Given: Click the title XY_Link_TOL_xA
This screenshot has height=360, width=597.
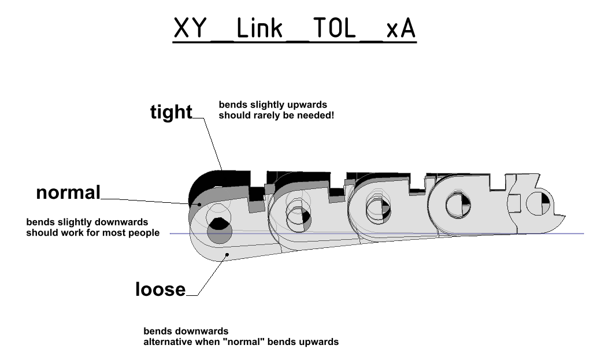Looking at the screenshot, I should pyautogui.click(x=294, y=28).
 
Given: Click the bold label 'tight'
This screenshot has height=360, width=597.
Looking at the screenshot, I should pyautogui.click(x=171, y=112).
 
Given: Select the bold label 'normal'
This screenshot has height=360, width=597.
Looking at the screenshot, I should pyautogui.click(x=68, y=192).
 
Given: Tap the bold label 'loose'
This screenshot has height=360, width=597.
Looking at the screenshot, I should pyautogui.click(x=160, y=289).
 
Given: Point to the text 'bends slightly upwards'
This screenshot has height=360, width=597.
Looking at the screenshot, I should pyautogui.click(x=273, y=105).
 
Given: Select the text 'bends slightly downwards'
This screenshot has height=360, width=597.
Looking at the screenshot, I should pyautogui.click(x=87, y=222).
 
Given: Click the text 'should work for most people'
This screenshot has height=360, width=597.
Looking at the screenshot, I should pyautogui.click(x=92, y=233).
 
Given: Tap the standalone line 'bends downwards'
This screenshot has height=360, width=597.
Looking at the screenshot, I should pyautogui.click(x=186, y=332).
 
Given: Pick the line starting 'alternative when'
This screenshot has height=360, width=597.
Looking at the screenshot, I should pyautogui.click(x=240, y=342).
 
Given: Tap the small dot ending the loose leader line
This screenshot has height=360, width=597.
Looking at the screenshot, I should pyautogui.click(x=228, y=254).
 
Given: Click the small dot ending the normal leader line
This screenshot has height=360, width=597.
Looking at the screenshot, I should pyautogui.click(x=199, y=203).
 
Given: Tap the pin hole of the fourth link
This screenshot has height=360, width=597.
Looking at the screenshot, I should pyautogui.click(x=457, y=205).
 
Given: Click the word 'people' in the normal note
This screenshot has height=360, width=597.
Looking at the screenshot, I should pyautogui.click(x=146, y=233).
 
